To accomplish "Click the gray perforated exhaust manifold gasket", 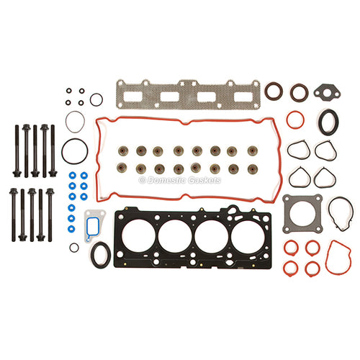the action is click(x=189, y=87).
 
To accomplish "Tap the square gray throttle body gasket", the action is click(x=287, y=214).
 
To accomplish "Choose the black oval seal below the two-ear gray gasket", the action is click(x=322, y=122).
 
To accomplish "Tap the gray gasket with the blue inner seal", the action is click(x=87, y=225).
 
